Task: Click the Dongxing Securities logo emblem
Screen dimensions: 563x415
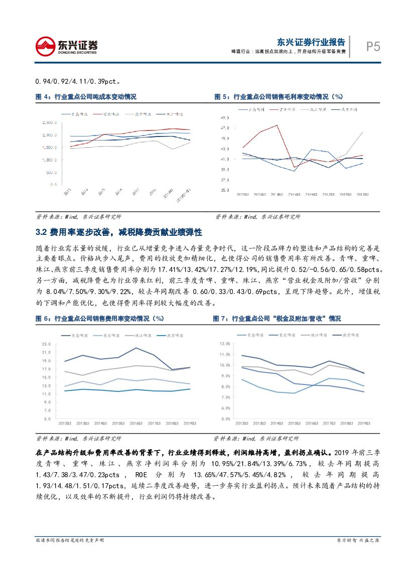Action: tap(46, 46)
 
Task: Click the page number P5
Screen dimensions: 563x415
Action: tap(372, 47)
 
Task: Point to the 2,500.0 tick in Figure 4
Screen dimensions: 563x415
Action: tap(51, 122)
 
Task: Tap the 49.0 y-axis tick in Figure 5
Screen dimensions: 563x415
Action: tap(225, 117)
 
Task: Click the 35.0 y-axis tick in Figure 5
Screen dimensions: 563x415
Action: tap(225, 190)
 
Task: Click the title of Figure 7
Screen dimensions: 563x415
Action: tap(276, 319)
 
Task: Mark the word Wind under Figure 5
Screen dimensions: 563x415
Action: tap(249, 217)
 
